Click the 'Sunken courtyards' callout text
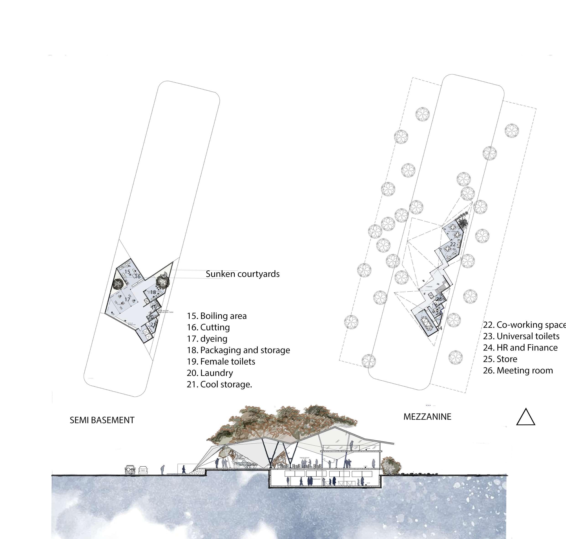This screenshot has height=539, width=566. point(243,274)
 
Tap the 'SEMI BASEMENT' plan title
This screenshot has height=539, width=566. point(102,420)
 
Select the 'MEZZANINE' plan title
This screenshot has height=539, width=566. point(427,417)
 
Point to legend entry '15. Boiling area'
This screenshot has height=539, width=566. point(217,316)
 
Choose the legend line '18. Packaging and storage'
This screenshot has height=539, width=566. point(238,350)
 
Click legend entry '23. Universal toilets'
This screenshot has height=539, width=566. point(521,336)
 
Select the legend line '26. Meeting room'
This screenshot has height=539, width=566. point(518,371)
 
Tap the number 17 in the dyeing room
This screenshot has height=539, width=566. point(127,299)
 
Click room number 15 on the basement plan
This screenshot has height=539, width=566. point(127,272)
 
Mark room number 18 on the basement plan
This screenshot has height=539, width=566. point(153,292)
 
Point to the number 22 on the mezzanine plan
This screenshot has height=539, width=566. point(453,244)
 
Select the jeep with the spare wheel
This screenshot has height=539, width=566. point(130,470)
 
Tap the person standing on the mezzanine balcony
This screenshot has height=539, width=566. point(351,446)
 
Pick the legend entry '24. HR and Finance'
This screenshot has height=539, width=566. point(520,348)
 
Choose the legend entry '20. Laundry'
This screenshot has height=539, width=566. point(209,373)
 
